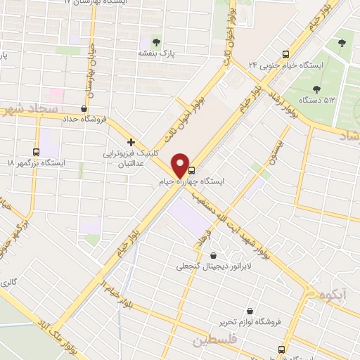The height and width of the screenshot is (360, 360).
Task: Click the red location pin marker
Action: point(181,165)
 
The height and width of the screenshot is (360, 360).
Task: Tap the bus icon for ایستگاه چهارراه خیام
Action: point(192,170)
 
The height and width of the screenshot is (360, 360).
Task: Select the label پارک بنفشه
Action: point(155,52)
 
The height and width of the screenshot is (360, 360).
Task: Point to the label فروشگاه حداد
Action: point(84,119)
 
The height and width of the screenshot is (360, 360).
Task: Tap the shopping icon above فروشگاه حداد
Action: point(84,108)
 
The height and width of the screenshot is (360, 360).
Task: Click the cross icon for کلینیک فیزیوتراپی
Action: point(131,141)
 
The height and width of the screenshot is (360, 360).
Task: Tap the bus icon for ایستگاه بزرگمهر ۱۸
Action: point(37,152)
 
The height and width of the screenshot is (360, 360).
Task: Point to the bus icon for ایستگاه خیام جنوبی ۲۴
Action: point(285,54)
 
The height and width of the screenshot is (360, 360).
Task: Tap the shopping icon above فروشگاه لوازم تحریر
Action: point(250,311)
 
